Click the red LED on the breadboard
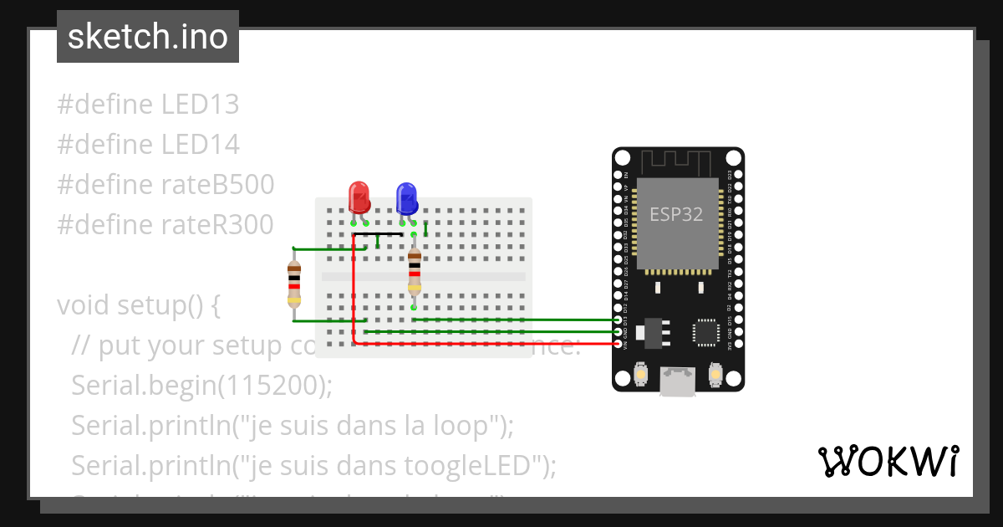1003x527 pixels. pyautogui.click(x=359, y=197)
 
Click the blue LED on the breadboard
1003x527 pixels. pyautogui.click(x=407, y=198)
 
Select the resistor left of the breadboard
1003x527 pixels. pyautogui.click(x=294, y=284)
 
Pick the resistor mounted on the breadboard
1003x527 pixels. pyautogui.click(x=414, y=270)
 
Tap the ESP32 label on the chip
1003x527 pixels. pyautogui.click(x=676, y=213)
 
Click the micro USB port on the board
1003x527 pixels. pyautogui.click(x=678, y=381)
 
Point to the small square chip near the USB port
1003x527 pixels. pyautogui.click(x=705, y=332)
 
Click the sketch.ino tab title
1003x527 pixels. pyautogui.click(x=148, y=37)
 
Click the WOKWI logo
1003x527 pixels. pyautogui.click(x=888, y=461)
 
